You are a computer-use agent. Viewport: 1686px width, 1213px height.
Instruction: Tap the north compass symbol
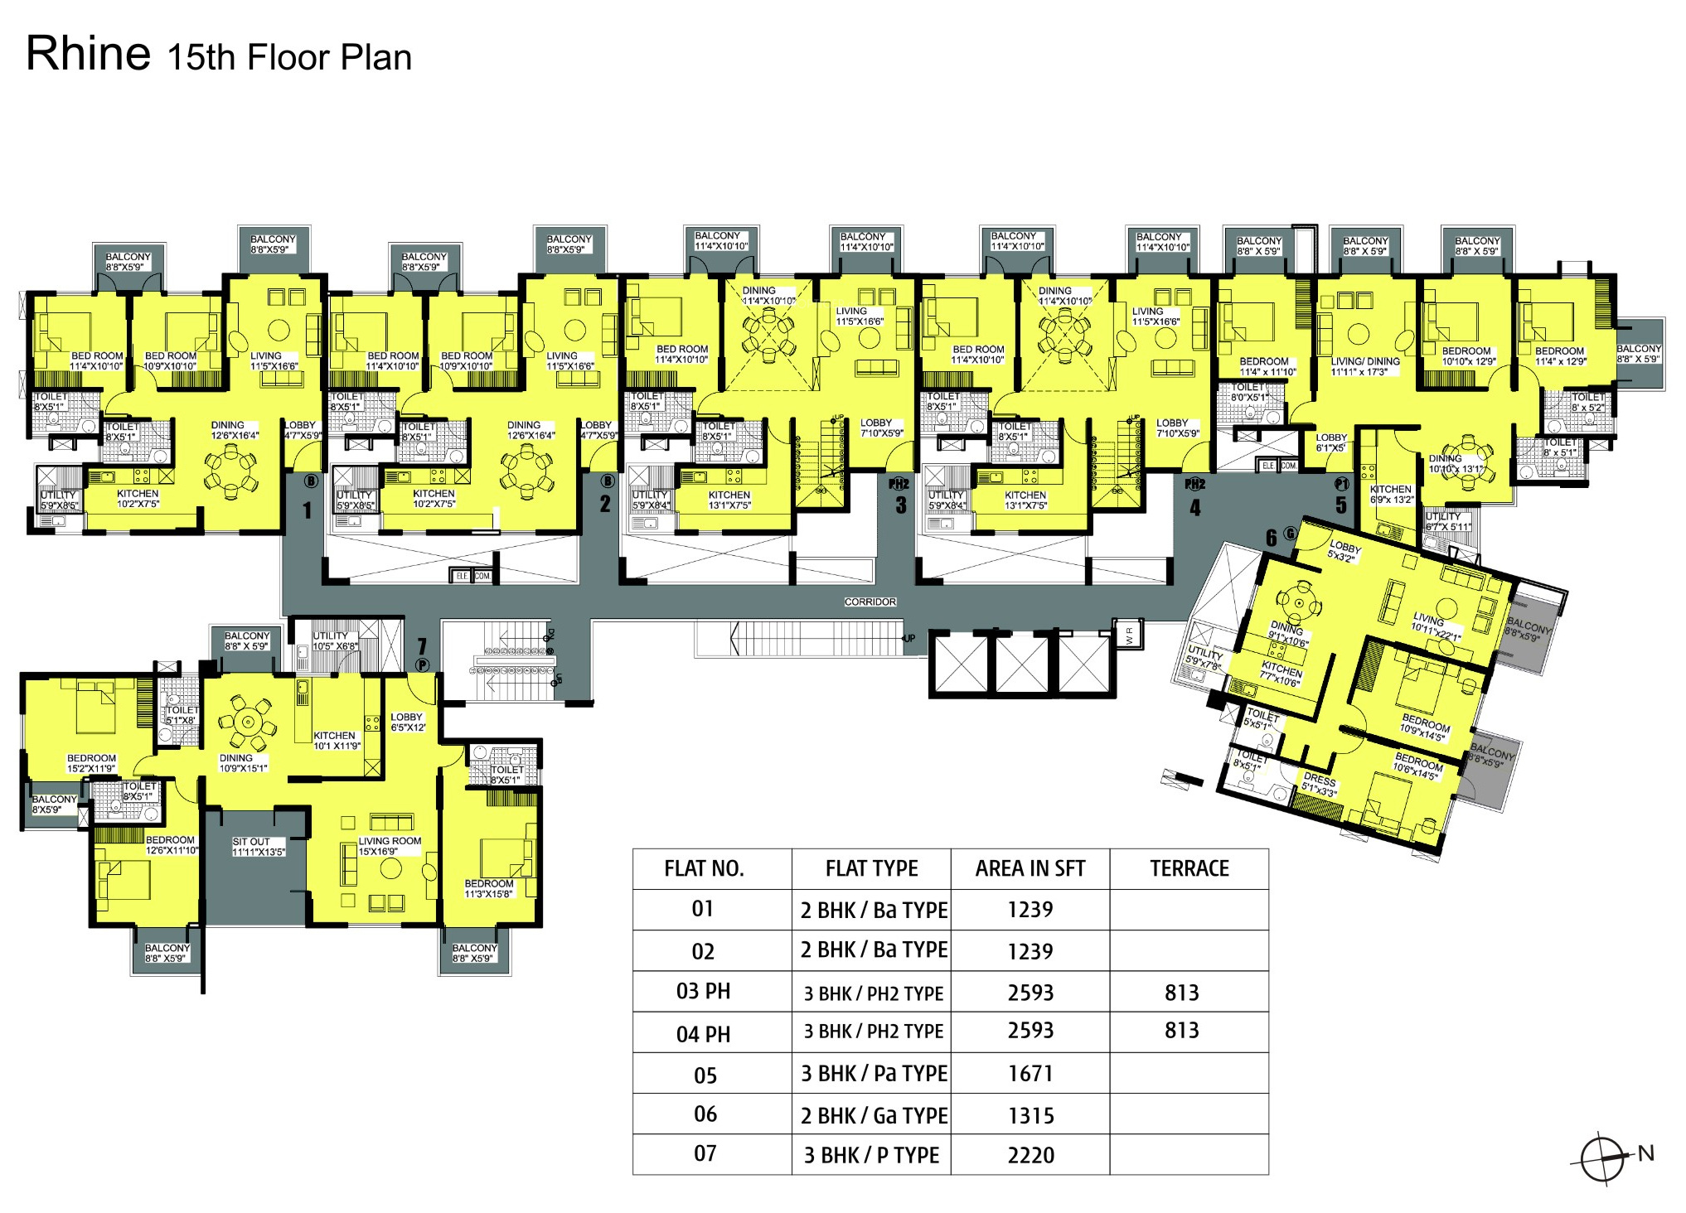(1601, 1158)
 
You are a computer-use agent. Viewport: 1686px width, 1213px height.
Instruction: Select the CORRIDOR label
(870, 602)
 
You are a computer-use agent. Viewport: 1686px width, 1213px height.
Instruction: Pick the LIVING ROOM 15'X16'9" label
(390, 845)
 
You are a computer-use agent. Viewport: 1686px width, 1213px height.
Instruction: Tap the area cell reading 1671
(1030, 1074)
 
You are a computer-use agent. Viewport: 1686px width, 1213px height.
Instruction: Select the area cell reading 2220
(1030, 1155)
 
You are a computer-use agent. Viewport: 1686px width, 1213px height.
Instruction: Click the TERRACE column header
(1189, 868)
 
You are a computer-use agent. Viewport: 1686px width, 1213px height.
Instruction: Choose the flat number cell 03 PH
(703, 992)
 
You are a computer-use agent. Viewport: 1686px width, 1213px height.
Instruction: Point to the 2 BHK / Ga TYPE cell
(873, 1115)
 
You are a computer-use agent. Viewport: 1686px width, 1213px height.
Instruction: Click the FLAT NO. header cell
(704, 868)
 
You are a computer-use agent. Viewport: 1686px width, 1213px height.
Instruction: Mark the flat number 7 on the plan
(422, 645)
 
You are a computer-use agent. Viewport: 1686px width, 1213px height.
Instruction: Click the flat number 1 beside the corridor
(307, 510)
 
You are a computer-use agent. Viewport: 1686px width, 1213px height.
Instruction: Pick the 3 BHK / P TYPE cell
(871, 1155)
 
